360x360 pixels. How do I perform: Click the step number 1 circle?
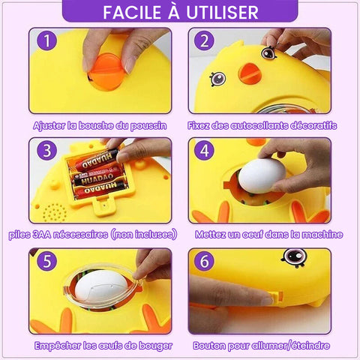(x=47, y=40)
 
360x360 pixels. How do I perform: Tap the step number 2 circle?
(x=205, y=40)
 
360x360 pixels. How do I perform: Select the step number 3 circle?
(x=47, y=150)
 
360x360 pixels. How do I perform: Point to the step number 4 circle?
(x=205, y=150)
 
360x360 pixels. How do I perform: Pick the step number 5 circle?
(x=47, y=261)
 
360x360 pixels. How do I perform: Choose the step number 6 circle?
(x=205, y=261)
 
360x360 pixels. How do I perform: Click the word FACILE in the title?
(x=132, y=12)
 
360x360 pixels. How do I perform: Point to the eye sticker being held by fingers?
(x=268, y=52)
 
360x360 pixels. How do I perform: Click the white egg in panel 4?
(x=262, y=176)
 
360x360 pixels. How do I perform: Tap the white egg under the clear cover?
(x=101, y=284)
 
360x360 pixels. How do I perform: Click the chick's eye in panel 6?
(x=294, y=257)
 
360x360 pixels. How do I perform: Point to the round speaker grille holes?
(x=55, y=212)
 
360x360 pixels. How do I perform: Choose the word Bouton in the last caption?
(x=208, y=346)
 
